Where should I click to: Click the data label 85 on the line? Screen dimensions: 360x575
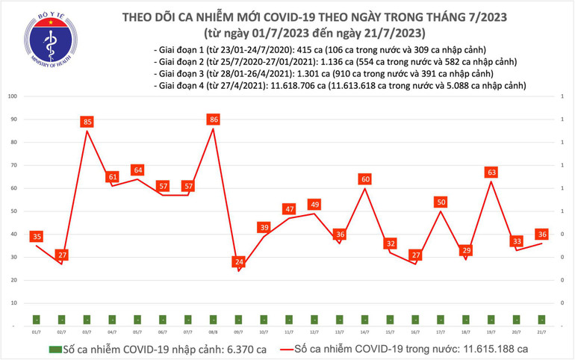[87, 121]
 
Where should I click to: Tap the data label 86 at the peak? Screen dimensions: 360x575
[214, 119]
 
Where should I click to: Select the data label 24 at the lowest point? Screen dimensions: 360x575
[239, 262]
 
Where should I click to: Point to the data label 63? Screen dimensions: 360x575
[491, 172]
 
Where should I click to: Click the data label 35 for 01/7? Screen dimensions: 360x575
[37, 237]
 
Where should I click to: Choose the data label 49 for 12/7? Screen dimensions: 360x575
[314, 204]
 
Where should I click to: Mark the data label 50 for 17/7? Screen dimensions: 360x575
[441, 202]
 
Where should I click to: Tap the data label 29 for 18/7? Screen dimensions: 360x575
[466, 250]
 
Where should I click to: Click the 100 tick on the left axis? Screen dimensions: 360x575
[13, 96]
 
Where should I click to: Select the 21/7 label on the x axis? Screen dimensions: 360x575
[541, 332]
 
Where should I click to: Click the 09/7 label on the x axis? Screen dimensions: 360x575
[239, 332]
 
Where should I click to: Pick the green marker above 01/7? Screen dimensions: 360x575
[37, 319]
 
